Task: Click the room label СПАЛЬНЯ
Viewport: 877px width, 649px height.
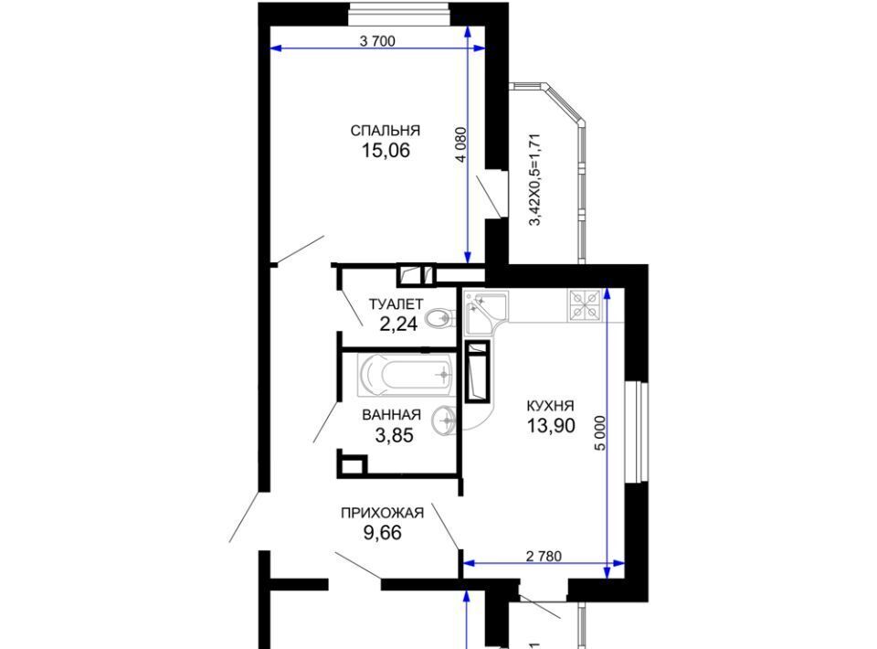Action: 385,131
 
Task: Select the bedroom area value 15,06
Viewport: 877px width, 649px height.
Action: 386,151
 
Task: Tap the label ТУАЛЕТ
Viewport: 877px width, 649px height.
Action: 396,304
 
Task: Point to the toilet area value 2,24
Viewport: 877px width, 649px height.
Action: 398,324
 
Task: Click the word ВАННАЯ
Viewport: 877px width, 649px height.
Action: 392,415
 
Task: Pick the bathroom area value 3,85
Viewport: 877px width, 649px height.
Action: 395,435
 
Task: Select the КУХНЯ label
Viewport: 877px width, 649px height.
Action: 550,406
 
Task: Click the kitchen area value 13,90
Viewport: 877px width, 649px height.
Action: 551,426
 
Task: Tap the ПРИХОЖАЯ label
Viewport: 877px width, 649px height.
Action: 382,513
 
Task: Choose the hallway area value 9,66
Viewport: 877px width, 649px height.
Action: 383,533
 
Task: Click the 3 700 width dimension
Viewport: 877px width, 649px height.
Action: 377,41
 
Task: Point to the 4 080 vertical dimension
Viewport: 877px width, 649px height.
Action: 460,145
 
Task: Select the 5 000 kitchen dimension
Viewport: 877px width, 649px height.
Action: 600,433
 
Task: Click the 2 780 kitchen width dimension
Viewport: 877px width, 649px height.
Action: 544,556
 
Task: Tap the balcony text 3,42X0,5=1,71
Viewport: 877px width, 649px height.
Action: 535,179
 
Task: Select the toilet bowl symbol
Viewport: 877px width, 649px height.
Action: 439,319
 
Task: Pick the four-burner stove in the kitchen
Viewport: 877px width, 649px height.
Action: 585,305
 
